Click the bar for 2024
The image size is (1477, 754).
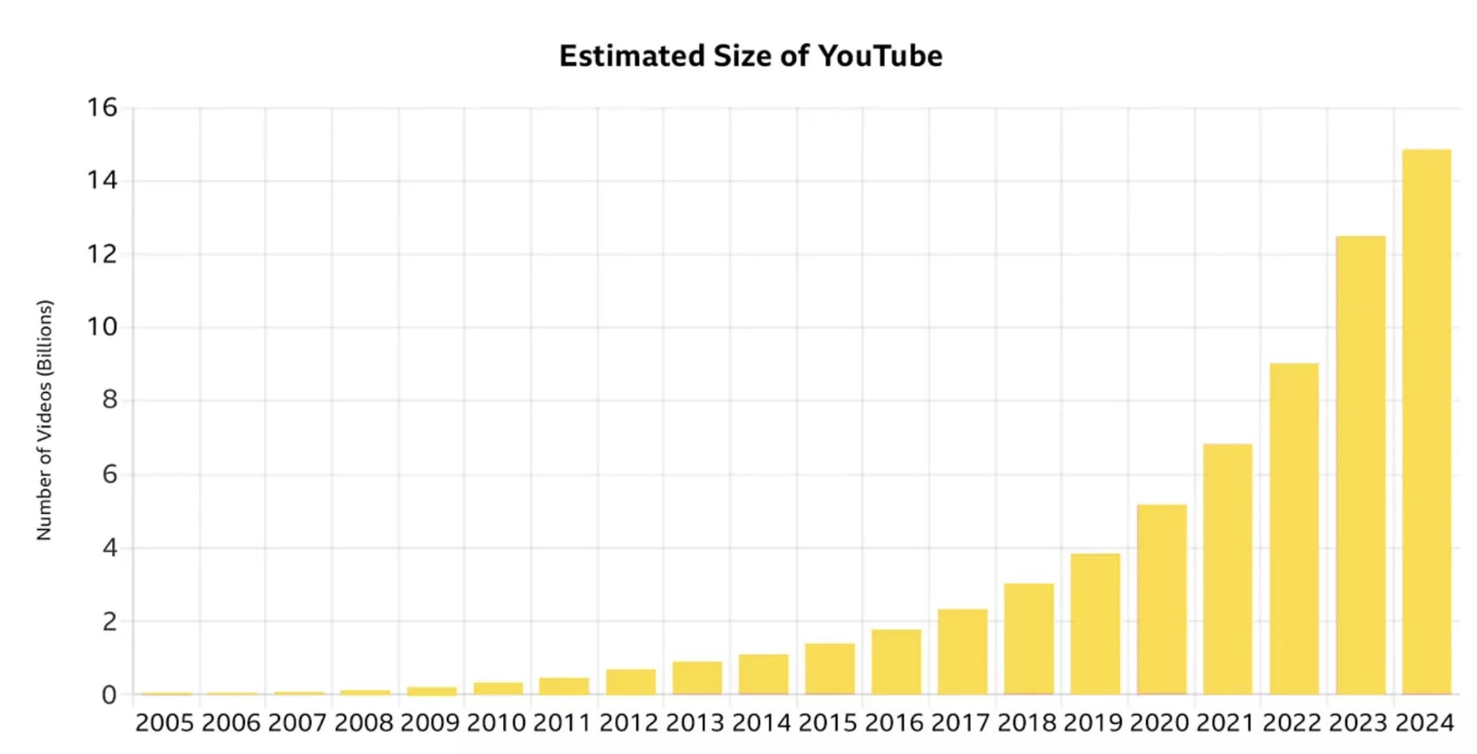(1427, 422)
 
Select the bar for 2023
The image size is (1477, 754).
(1361, 465)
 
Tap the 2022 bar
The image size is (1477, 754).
(1294, 529)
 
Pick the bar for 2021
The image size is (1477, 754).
(1228, 569)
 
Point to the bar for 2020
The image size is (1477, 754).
(1162, 600)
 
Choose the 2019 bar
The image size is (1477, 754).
(1096, 624)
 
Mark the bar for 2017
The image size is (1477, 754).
(962, 652)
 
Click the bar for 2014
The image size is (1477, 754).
(764, 674)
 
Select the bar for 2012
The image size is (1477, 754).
(631, 682)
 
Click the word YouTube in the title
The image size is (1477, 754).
(880, 56)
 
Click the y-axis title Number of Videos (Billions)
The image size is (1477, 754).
(45, 420)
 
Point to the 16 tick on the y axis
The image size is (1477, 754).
(102, 107)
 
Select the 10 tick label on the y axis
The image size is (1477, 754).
(102, 327)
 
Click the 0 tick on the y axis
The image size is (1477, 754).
(110, 695)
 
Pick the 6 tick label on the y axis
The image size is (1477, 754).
(110, 474)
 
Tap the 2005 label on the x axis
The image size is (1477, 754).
(165, 722)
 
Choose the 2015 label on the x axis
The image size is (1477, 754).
(828, 722)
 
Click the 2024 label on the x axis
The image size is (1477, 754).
(1424, 722)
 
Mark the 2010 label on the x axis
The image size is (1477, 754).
(497, 722)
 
